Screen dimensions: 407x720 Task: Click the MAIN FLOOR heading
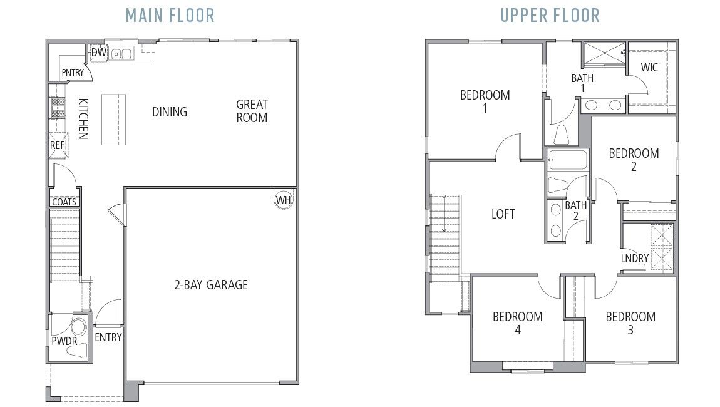tap(170, 15)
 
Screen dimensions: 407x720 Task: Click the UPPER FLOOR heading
tap(550, 15)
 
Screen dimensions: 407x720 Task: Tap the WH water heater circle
tap(283, 200)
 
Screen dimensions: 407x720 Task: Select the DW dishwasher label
tap(98, 53)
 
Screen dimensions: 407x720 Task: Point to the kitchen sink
tap(121, 54)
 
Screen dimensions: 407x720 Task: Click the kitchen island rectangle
tap(113, 120)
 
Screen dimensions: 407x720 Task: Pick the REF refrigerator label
tap(57, 145)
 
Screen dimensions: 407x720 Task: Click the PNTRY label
tap(73, 73)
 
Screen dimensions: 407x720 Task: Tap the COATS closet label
tap(64, 202)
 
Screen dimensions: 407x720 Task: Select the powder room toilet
tap(78, 327)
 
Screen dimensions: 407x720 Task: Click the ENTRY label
tap(108, 337)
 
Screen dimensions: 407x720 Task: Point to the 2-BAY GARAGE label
tap(210, 285)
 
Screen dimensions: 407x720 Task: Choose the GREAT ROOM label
tap(252, 111)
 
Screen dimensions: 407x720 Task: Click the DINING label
tap(169, 112)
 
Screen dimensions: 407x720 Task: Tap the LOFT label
tap(503, 214)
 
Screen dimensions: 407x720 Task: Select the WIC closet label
tap(649, 67)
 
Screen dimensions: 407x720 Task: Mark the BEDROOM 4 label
tap(517, 323)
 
